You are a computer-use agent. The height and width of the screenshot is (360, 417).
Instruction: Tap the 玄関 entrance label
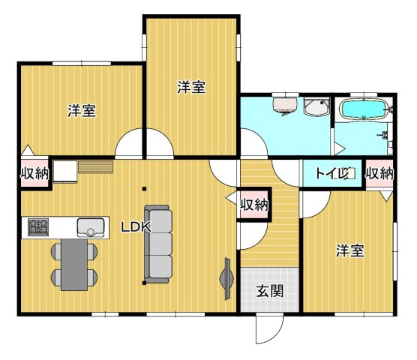[x=270, y=291]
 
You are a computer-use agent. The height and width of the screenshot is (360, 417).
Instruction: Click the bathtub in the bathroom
[x=364, y=110]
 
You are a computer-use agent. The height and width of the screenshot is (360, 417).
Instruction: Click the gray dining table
[x=74, y=264]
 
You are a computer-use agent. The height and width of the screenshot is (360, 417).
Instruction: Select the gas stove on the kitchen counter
[x=39, y=226]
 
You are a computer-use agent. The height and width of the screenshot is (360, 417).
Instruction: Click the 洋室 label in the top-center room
[x=191, y=87]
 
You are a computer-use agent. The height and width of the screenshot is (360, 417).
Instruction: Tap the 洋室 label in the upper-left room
[x=81, y=111]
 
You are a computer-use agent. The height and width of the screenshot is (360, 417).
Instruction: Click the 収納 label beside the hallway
[x=255, y=203]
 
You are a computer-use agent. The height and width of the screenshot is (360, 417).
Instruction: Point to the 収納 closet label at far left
[x=34, y=175]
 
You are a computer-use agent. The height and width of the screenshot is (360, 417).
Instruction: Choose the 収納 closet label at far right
[x=379, y=173]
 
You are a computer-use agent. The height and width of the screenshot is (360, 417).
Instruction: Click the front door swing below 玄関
[x=268, y=326]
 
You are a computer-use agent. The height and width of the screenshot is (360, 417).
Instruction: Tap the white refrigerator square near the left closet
[x=64, y=172]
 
